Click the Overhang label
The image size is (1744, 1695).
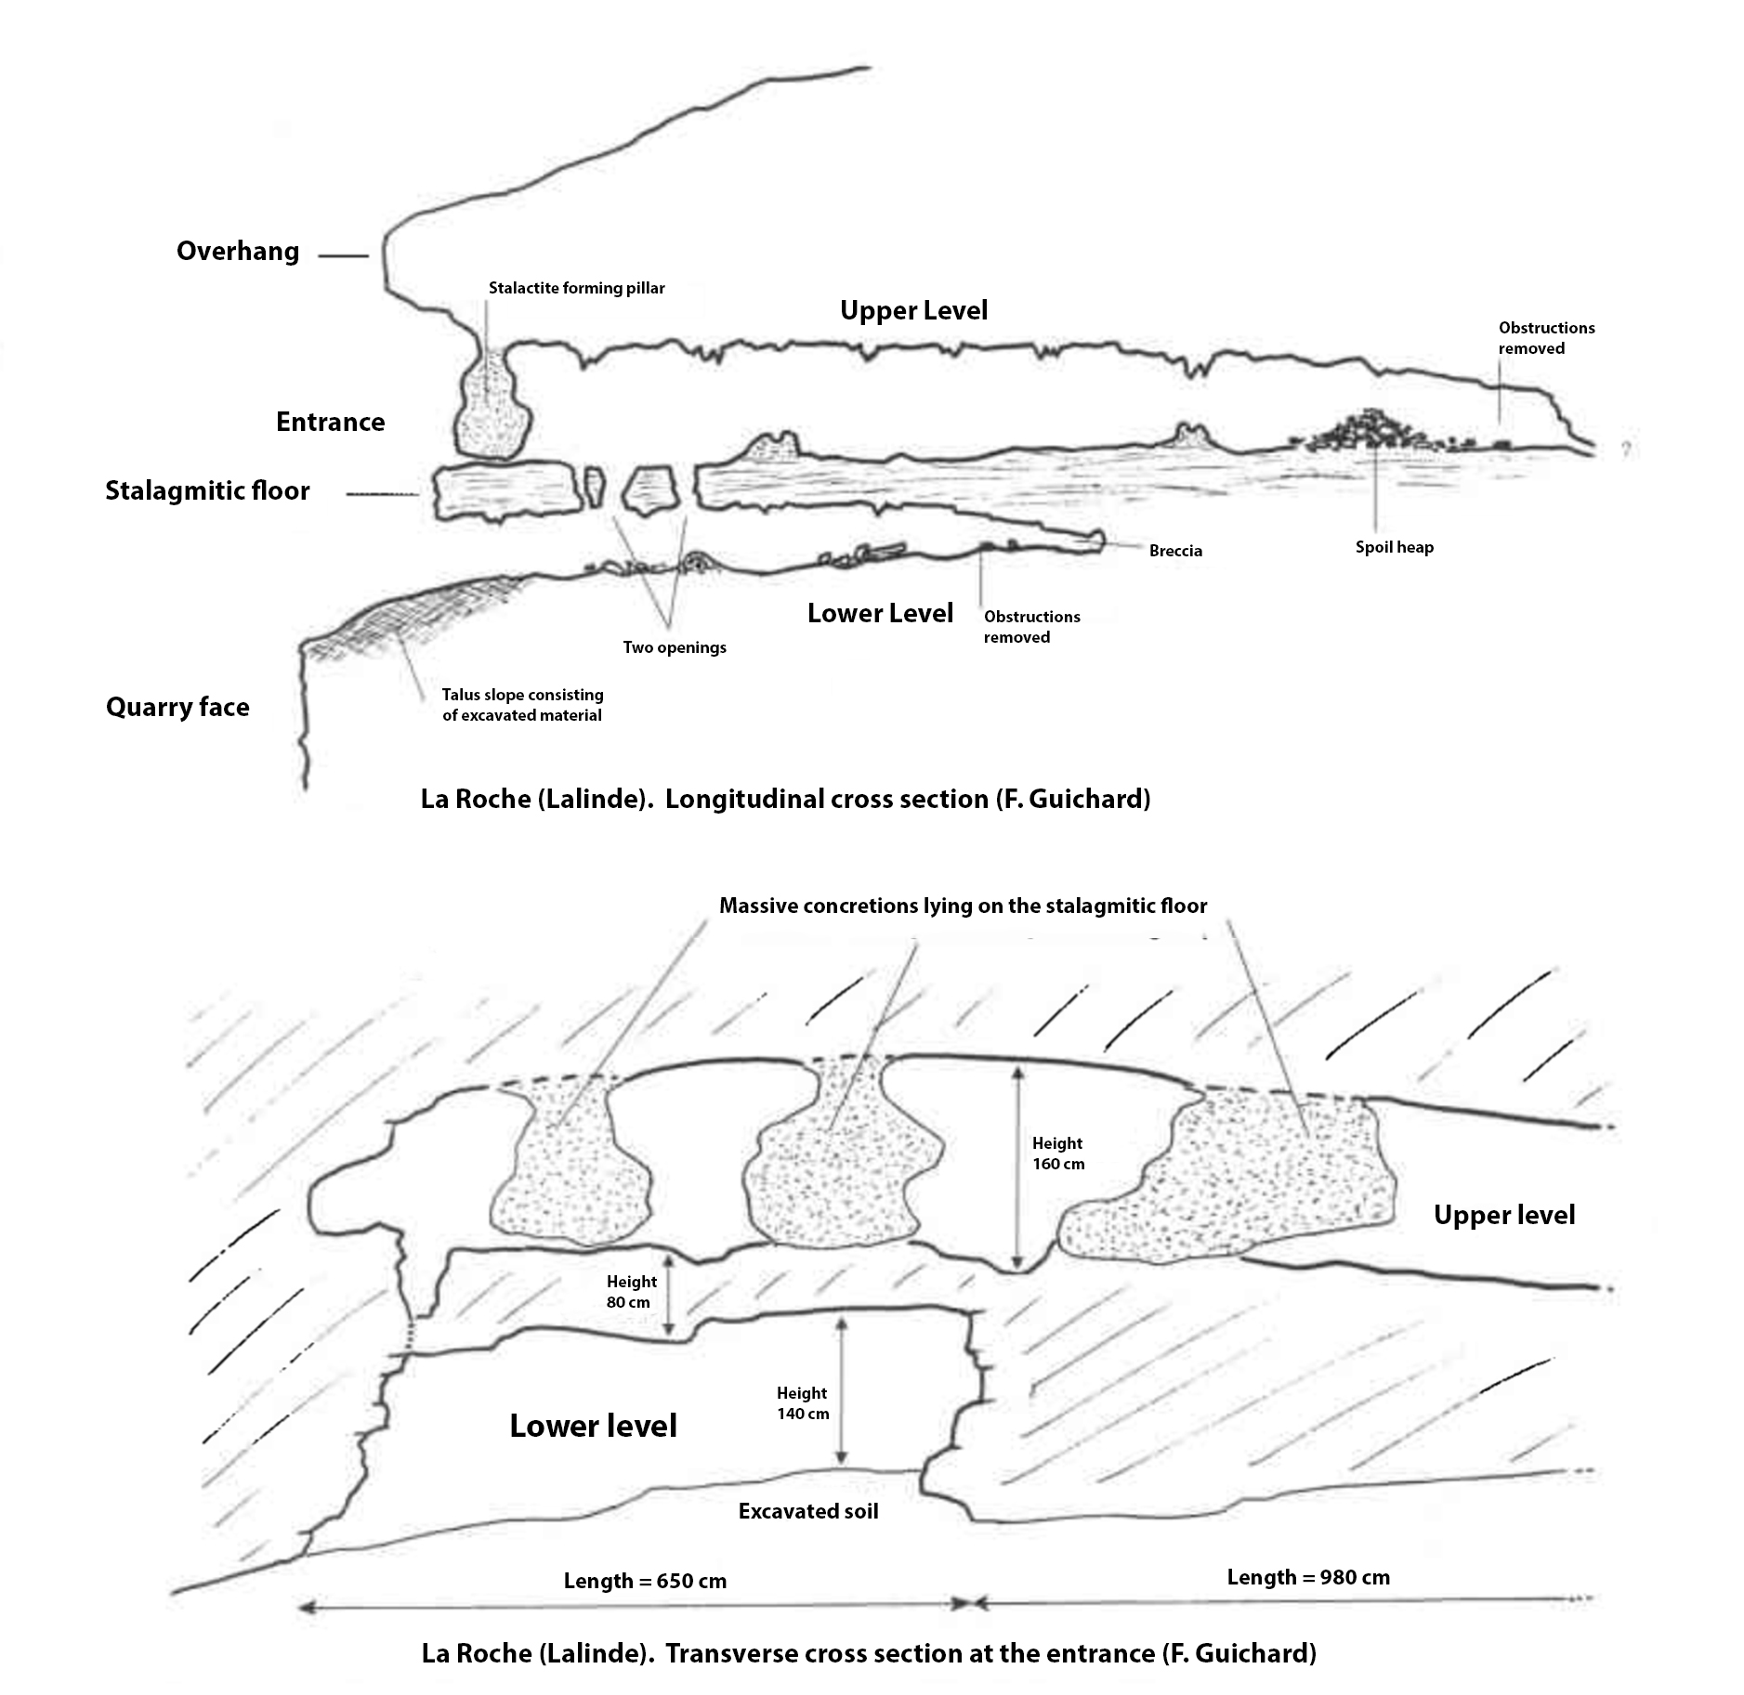click(x=238, y=252)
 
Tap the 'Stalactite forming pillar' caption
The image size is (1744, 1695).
click(x=576, y=288)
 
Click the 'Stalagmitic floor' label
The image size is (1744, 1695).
click(x=207, y=490)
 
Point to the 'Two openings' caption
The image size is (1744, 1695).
click(x=675, y=647)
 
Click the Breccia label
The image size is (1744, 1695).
click(x=1175, y=551)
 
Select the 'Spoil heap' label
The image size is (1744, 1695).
click(x=1394, y=547)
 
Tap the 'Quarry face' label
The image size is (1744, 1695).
click(x=177, y=707)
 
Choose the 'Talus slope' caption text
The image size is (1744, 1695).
click(x=522, y=705)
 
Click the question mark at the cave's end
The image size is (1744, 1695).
click(x=1625, y=450)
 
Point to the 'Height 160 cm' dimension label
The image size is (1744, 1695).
click(x=1057, y=1154)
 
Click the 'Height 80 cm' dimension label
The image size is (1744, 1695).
click(x=631, y=1292)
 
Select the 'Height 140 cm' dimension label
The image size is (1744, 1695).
click(x=802, y=1403)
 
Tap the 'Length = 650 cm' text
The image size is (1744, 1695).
click(x=645, y=1581)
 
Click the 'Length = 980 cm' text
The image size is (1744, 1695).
click(x=1307, y=1577)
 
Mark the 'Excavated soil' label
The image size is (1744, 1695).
click(x=808, y=1511)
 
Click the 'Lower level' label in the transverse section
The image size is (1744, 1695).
click(x=593, y=1426)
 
